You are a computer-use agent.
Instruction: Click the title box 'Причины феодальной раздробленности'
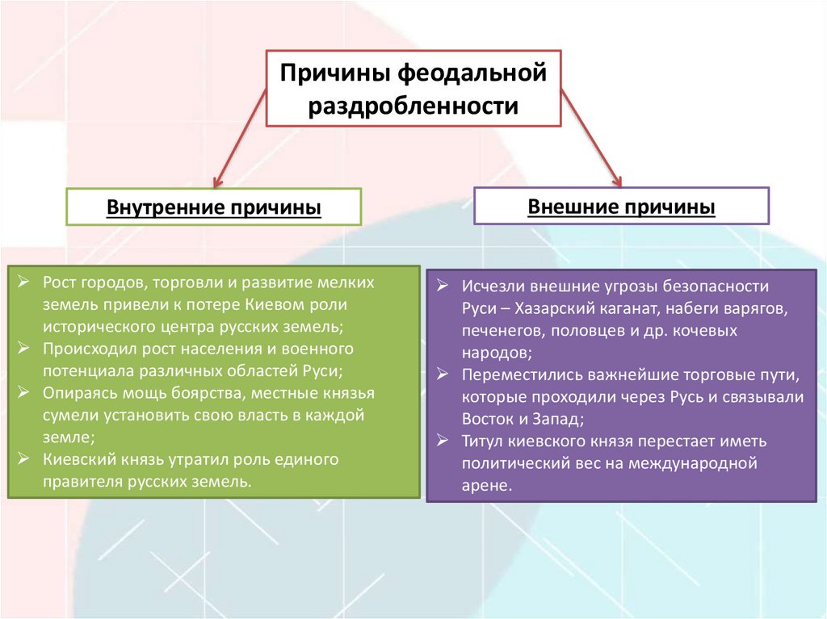click(x=413, y=89)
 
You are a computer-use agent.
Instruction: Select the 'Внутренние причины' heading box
click(x=214, y=207)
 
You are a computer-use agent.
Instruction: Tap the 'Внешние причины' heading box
click(x=621, y=206)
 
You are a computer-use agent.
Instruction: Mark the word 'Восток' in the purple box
click(x=486, y=419)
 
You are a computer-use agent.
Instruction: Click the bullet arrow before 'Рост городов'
click(x=24, y=284)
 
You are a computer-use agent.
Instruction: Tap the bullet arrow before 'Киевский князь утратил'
click(x=24, y=459)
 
